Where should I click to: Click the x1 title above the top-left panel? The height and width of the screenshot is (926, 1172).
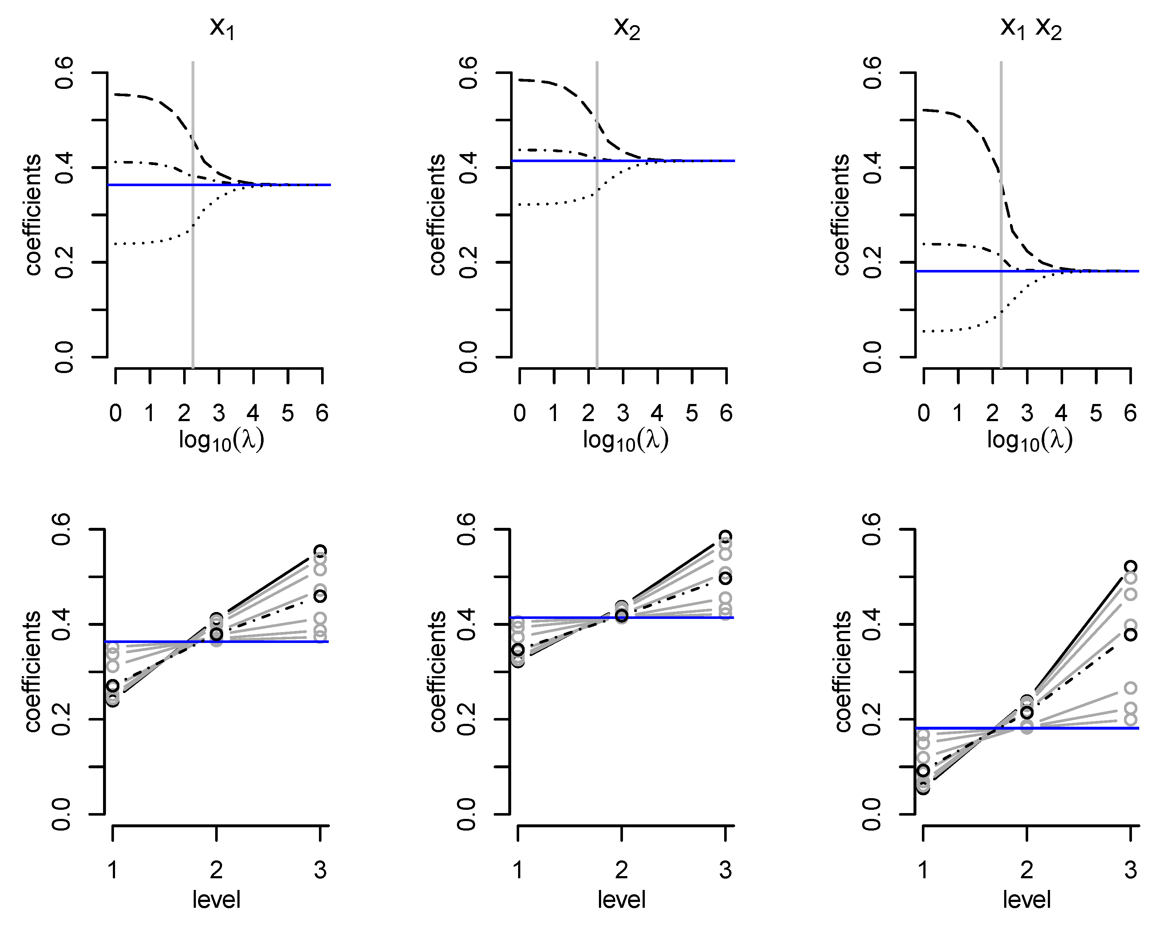point(222,27)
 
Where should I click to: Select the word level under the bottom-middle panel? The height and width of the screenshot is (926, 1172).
point(621,900)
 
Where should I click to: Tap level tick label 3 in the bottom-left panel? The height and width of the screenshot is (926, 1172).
point(320,870)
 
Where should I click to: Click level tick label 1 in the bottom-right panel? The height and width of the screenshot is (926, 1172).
point(923,870)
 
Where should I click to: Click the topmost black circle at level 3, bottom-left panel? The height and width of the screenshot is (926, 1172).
point(320,551)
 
